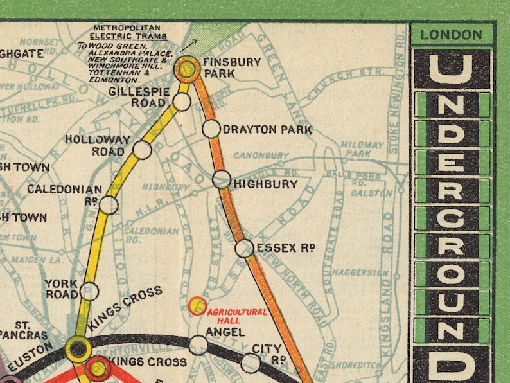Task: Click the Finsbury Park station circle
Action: (x=188, y=69)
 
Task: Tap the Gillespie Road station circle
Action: (x=182, y=102)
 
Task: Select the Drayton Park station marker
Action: (x=211, y=129)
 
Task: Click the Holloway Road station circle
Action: (x=142, y=150)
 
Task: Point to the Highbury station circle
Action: (x=222, y=179)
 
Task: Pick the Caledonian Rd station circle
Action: (x=109, y=205)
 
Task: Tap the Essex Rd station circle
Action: (x=244, y=248)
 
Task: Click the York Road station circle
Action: (x=89, y=290)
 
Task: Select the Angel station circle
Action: (x=198, y=345)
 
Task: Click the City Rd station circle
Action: (x=251, y=363)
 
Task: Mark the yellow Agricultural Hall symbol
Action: (x=197, y=306)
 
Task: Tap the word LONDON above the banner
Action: (x=451, y=35)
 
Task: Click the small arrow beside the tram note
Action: (x=188, y=44)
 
